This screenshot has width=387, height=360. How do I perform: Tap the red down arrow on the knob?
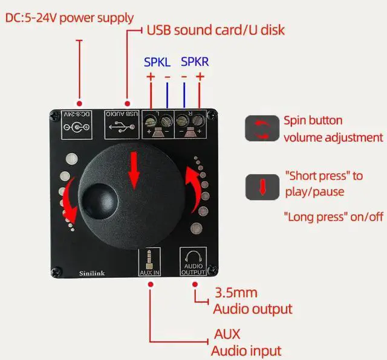[x=134, y=168]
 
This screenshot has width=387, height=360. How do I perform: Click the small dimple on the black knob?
[x=99, y=199]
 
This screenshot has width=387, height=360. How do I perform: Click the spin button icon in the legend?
[x=262, y=129]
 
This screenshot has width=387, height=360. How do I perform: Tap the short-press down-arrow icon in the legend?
[x=262, y=187]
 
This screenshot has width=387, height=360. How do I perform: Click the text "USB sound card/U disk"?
[x=215, y=30]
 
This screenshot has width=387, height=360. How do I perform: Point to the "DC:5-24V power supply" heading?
[x=70, y=18]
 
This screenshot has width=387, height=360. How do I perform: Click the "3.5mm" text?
[x=236, y=294]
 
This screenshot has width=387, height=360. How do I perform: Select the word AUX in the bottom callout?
[x=227, y=334]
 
